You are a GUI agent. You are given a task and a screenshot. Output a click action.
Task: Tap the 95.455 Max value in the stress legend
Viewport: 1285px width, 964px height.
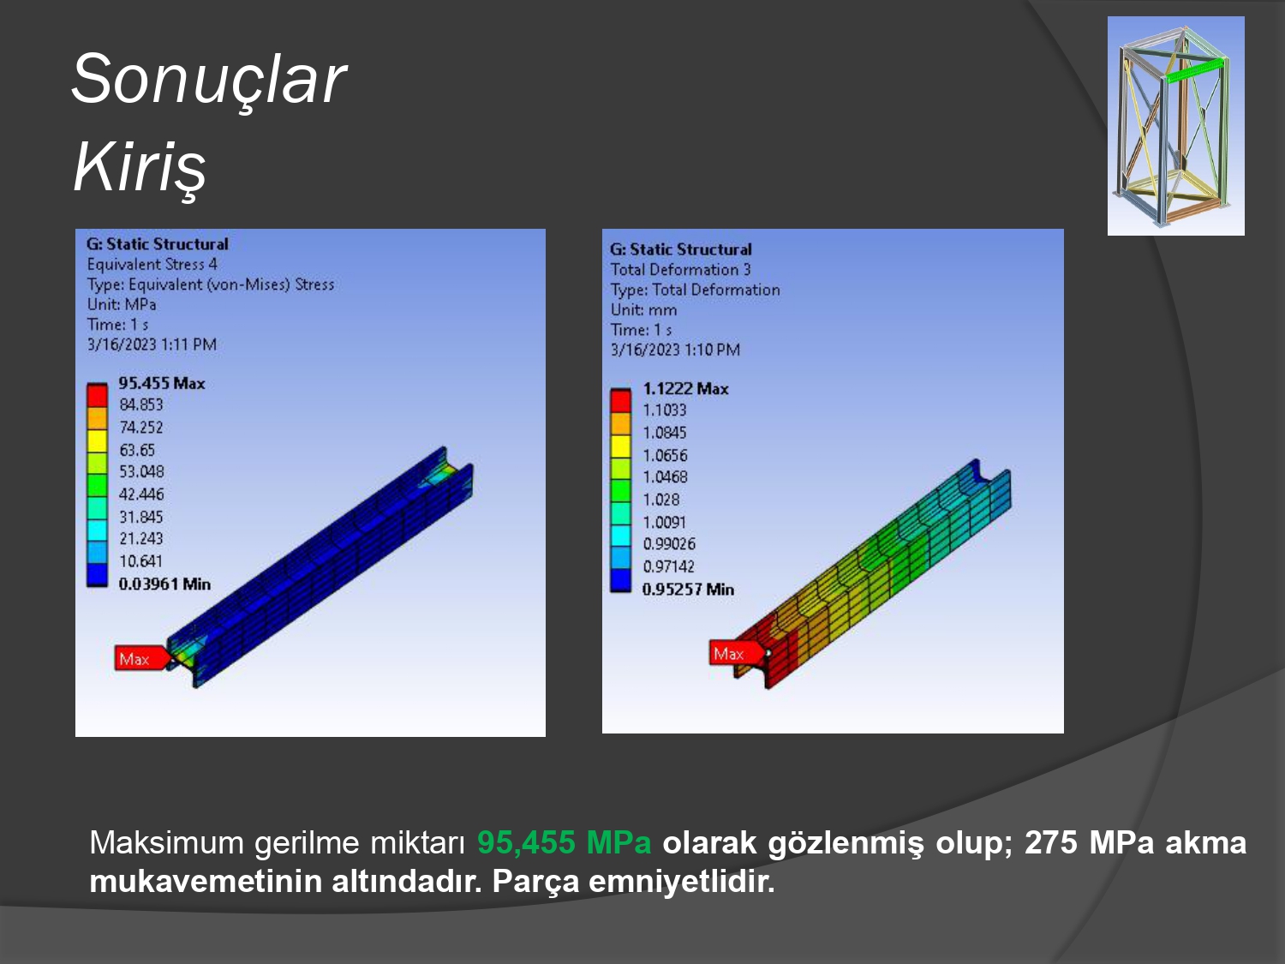point(162,383)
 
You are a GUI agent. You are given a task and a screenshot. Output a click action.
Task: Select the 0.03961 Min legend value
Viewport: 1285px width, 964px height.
point(164,584)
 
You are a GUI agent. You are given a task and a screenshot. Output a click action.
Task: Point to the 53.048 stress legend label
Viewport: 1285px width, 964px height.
point(141,472)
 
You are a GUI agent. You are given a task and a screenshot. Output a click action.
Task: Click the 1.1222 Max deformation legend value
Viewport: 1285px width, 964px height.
point(685,389)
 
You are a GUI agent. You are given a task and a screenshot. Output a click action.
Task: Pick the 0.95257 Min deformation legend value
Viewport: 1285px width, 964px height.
point(688,589)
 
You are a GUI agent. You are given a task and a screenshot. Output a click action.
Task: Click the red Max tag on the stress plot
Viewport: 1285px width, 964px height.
point(141,658)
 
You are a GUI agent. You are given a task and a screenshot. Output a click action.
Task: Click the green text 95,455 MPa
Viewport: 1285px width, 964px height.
point(565,843)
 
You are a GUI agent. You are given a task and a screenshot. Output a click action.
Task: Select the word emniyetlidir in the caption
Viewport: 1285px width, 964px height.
point(681,881)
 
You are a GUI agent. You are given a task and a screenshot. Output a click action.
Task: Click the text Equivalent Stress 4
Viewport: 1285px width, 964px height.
point(152,265)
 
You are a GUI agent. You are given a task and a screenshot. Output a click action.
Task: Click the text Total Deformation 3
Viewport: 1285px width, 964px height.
point(681,270)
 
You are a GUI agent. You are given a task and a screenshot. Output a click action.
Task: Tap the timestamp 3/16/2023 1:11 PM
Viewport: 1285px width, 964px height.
point(152,344)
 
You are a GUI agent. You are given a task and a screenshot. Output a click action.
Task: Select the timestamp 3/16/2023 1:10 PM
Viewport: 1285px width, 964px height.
point(676,350)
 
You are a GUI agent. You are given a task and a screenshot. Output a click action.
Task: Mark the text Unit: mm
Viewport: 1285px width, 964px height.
point(644,310)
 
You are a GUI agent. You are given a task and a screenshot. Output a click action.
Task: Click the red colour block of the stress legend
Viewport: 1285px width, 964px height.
point(97,396)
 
